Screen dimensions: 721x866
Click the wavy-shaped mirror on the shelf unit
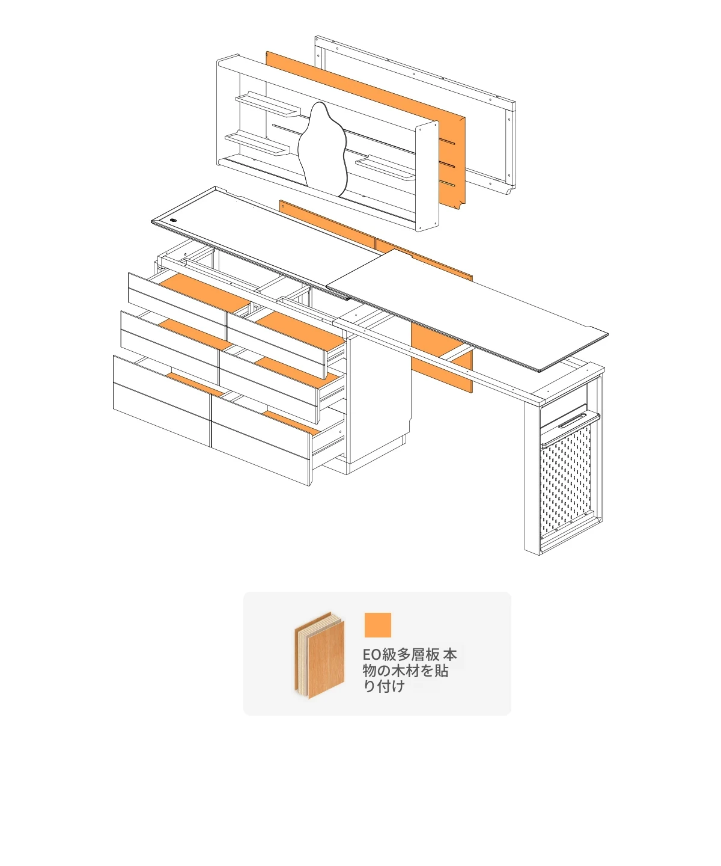pos(323,149)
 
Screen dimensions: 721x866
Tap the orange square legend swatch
pos(377,625)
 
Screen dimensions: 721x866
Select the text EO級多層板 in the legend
pos(401,655)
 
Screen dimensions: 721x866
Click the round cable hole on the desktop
pos(173,220)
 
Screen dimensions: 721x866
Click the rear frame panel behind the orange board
pos(415,112)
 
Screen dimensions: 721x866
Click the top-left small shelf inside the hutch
pos(268,104)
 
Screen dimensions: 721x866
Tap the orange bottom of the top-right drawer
pos(300,328)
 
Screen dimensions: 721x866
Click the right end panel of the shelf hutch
pos(427,176)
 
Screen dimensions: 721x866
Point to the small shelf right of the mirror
pos(385,168)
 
